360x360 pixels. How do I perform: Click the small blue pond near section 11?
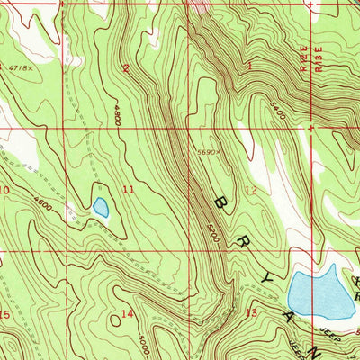click(x=100, y=208)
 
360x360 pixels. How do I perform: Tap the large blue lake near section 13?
click(x=319, y=293)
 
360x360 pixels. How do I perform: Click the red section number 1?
click(x=249, y=66)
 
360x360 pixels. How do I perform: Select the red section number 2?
click(x=126, y=67)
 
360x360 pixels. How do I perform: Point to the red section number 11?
click(x=129, y=190)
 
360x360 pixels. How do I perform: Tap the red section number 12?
click(x=251, y=190)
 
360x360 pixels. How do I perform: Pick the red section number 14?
click(x=128, y=313)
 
